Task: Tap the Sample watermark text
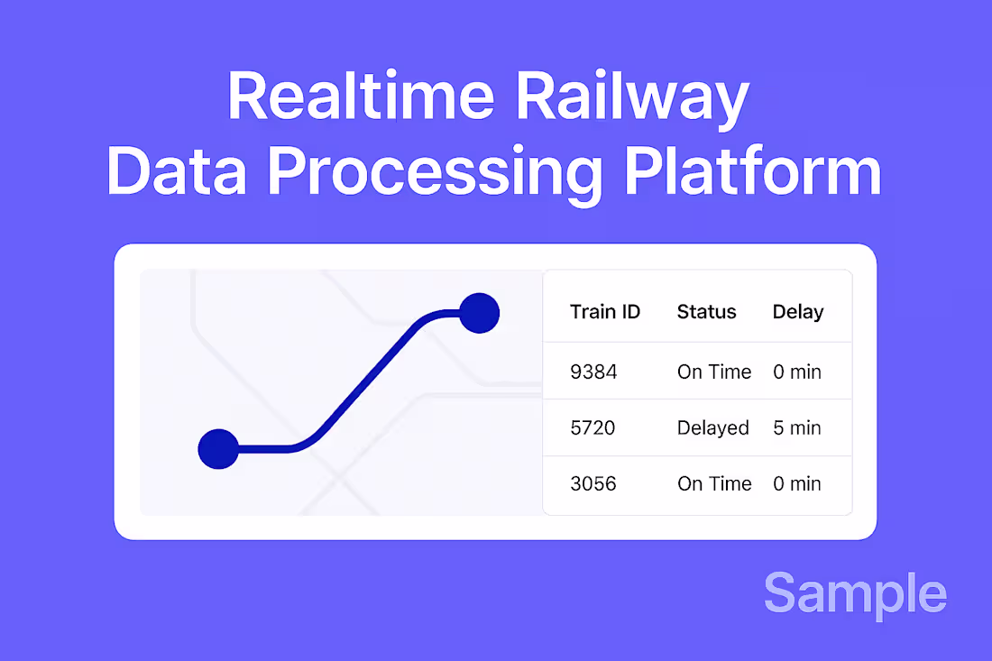tap(855, 594)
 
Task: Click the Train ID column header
tap(605, 312)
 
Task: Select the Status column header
tap(706, 312)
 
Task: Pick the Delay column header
tap(798, 312)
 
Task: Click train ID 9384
tap(593, 372)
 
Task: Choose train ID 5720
tap(592, 427)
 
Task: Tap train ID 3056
tap(593, 483)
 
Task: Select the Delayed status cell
tap(712, 427)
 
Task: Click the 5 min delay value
tap(797, 427)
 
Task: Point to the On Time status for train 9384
tap(714, 372)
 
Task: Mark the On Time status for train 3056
tap(714, 483)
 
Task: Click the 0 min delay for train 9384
tap(797, 372)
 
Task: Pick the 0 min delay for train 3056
tap(797, 483)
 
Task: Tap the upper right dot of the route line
tap(479, 313)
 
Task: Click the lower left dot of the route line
tap(218, 449)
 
